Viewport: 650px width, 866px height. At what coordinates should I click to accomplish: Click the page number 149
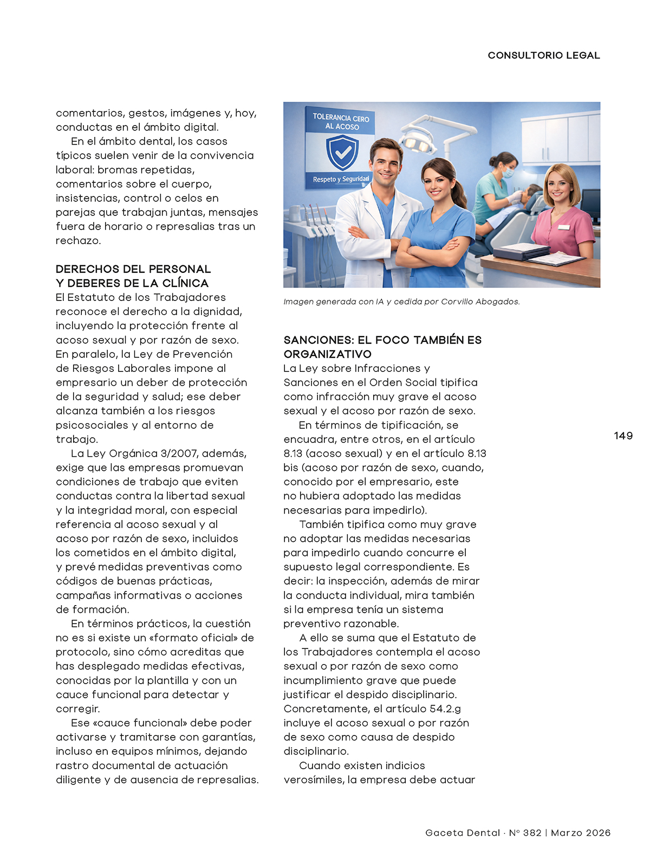623,436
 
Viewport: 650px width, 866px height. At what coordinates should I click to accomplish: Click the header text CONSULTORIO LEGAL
543,55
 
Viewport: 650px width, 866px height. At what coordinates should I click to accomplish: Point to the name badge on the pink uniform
564,227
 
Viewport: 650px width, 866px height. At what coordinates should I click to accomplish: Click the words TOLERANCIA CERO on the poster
341,117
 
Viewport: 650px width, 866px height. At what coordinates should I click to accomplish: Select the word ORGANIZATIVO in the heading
327,354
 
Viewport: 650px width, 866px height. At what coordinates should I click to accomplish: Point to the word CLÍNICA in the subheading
184,283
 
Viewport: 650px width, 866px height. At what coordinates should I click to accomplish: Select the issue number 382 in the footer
532,833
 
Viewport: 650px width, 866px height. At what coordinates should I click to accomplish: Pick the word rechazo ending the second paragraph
77,241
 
